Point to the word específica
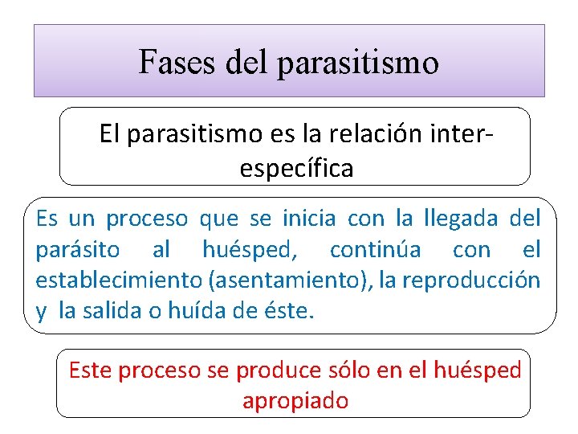[295, 169]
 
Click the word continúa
[374, 250]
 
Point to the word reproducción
[470, 280]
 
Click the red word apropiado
[295, 400]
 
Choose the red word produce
[263, 370]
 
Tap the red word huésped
[478, 370]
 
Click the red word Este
[92, 370]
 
